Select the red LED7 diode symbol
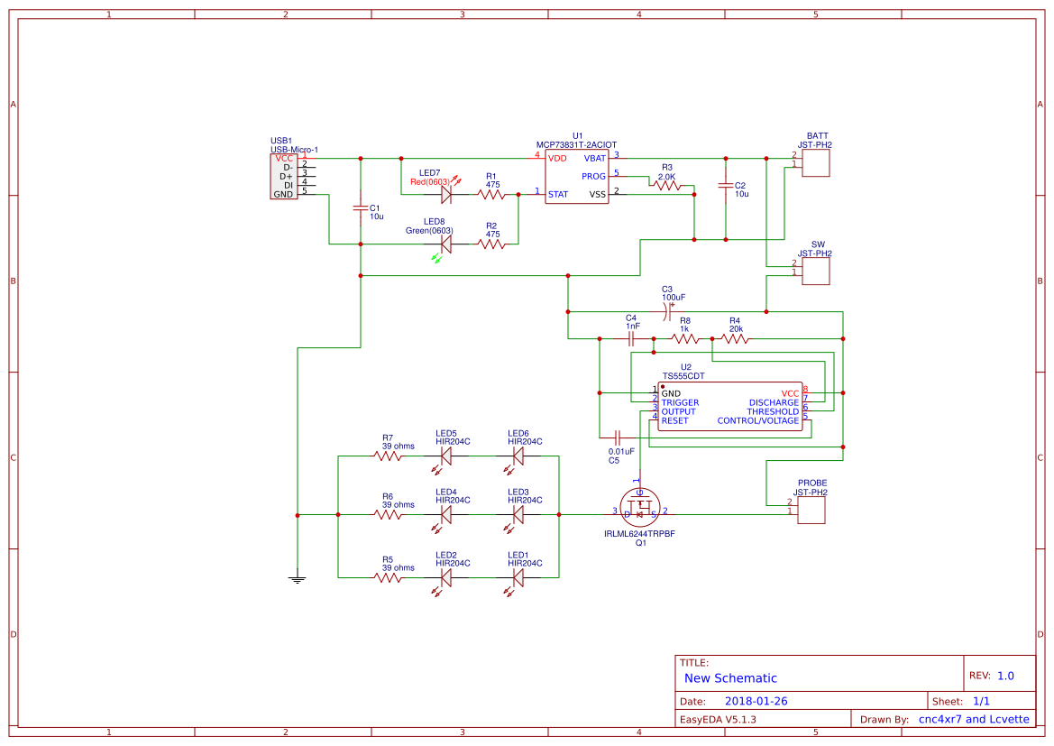tap(445, 193)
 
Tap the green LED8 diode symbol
tap(445, 244)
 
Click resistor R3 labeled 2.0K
tap(667, 185)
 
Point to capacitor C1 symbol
tap(361, 209)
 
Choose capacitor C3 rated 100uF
tap(667, 312)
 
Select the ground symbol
tap(297, 577)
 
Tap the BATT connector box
tap(816, 163)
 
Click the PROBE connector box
tap(811, 509)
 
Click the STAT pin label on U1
tap(558, 193)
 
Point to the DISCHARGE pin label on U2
tap(774, 402)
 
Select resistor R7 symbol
tap(389, 456)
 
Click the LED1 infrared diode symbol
tap(518, 576)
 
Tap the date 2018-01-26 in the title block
tap(756, 701)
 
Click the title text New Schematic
tap(730, 678)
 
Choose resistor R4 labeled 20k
tap(735, 339)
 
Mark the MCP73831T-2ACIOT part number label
tap(576, 144)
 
